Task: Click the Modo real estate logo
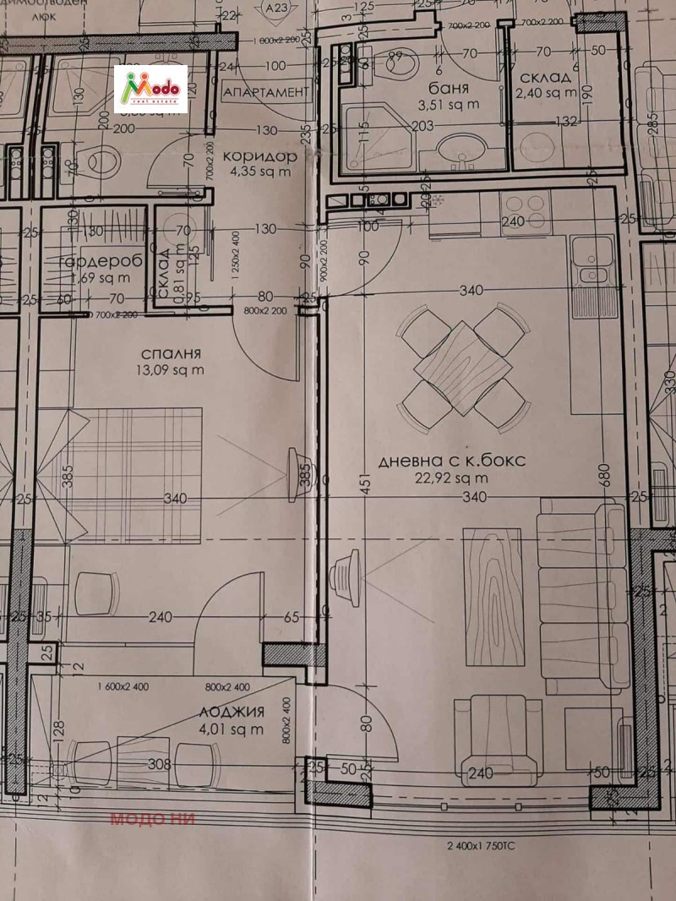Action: tap(150, 88)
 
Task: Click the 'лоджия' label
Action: tap(232, 712)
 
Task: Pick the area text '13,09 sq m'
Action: tap(170, 369)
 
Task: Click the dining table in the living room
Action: tap(460, 369)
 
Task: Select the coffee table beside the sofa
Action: tap(493, 596)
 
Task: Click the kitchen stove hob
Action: tap(525, 205)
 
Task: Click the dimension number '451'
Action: tap(364, 488)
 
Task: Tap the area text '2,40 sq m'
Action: tap(545, 93)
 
